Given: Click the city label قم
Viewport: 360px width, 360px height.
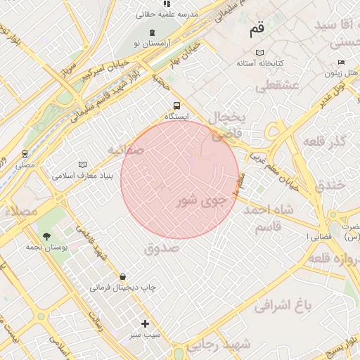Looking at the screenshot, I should [x=257, y=31].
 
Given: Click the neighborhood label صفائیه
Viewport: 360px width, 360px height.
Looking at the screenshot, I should [x=127, y=150].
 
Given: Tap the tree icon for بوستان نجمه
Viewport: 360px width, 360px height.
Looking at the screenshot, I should [x=46, y=236].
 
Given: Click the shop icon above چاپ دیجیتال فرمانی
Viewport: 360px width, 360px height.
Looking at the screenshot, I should [x=124, y=276].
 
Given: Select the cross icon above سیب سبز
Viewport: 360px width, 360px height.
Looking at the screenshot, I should [x=146, y=323].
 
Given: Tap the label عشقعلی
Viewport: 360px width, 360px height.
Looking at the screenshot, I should [x=278, y=86].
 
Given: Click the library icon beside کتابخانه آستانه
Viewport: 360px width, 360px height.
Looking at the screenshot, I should [x=260, y=53].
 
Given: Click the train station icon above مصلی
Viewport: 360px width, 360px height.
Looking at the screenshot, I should [x=25, y=154].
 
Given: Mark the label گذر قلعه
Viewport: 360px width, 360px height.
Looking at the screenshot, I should [x=324, y=142].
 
